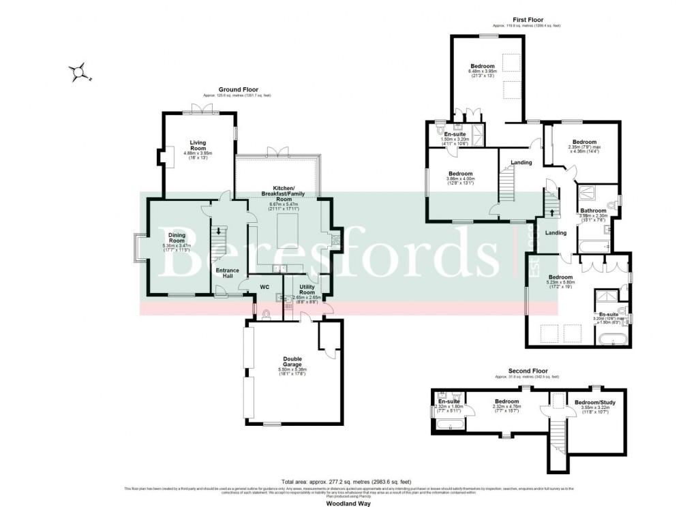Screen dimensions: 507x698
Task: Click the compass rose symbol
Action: point(80,71)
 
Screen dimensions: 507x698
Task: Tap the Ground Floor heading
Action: point(236,89)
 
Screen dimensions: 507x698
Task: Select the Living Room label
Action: point(198,145)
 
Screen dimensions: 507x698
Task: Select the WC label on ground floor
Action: point(264,288)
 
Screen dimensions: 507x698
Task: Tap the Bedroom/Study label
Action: point(594,403)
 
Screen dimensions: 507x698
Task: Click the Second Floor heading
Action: point(528,371)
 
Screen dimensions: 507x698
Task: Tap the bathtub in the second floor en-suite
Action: point(451,426)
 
